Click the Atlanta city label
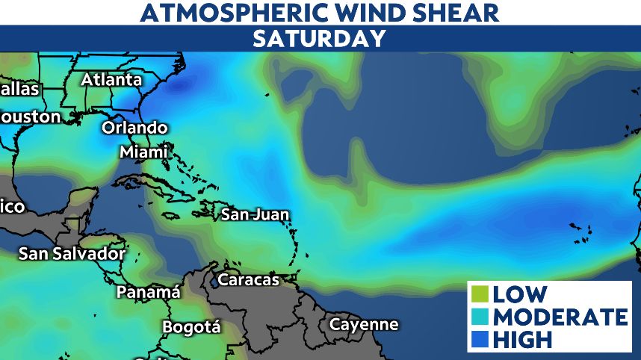point(111,79)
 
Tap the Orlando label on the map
point(134,128)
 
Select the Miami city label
point(143,152)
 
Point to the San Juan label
point(255,215)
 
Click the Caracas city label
point(248,280)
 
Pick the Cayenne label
point(364,324)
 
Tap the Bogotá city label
point(192,327)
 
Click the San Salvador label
point(72,253)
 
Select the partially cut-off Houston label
point(30,117)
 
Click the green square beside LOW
point(481,294)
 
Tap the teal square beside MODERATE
point(481,317)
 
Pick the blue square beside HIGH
point(481,339)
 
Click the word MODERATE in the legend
point(560,317)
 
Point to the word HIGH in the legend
point(522,340)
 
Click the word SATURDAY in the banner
point(320,39)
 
